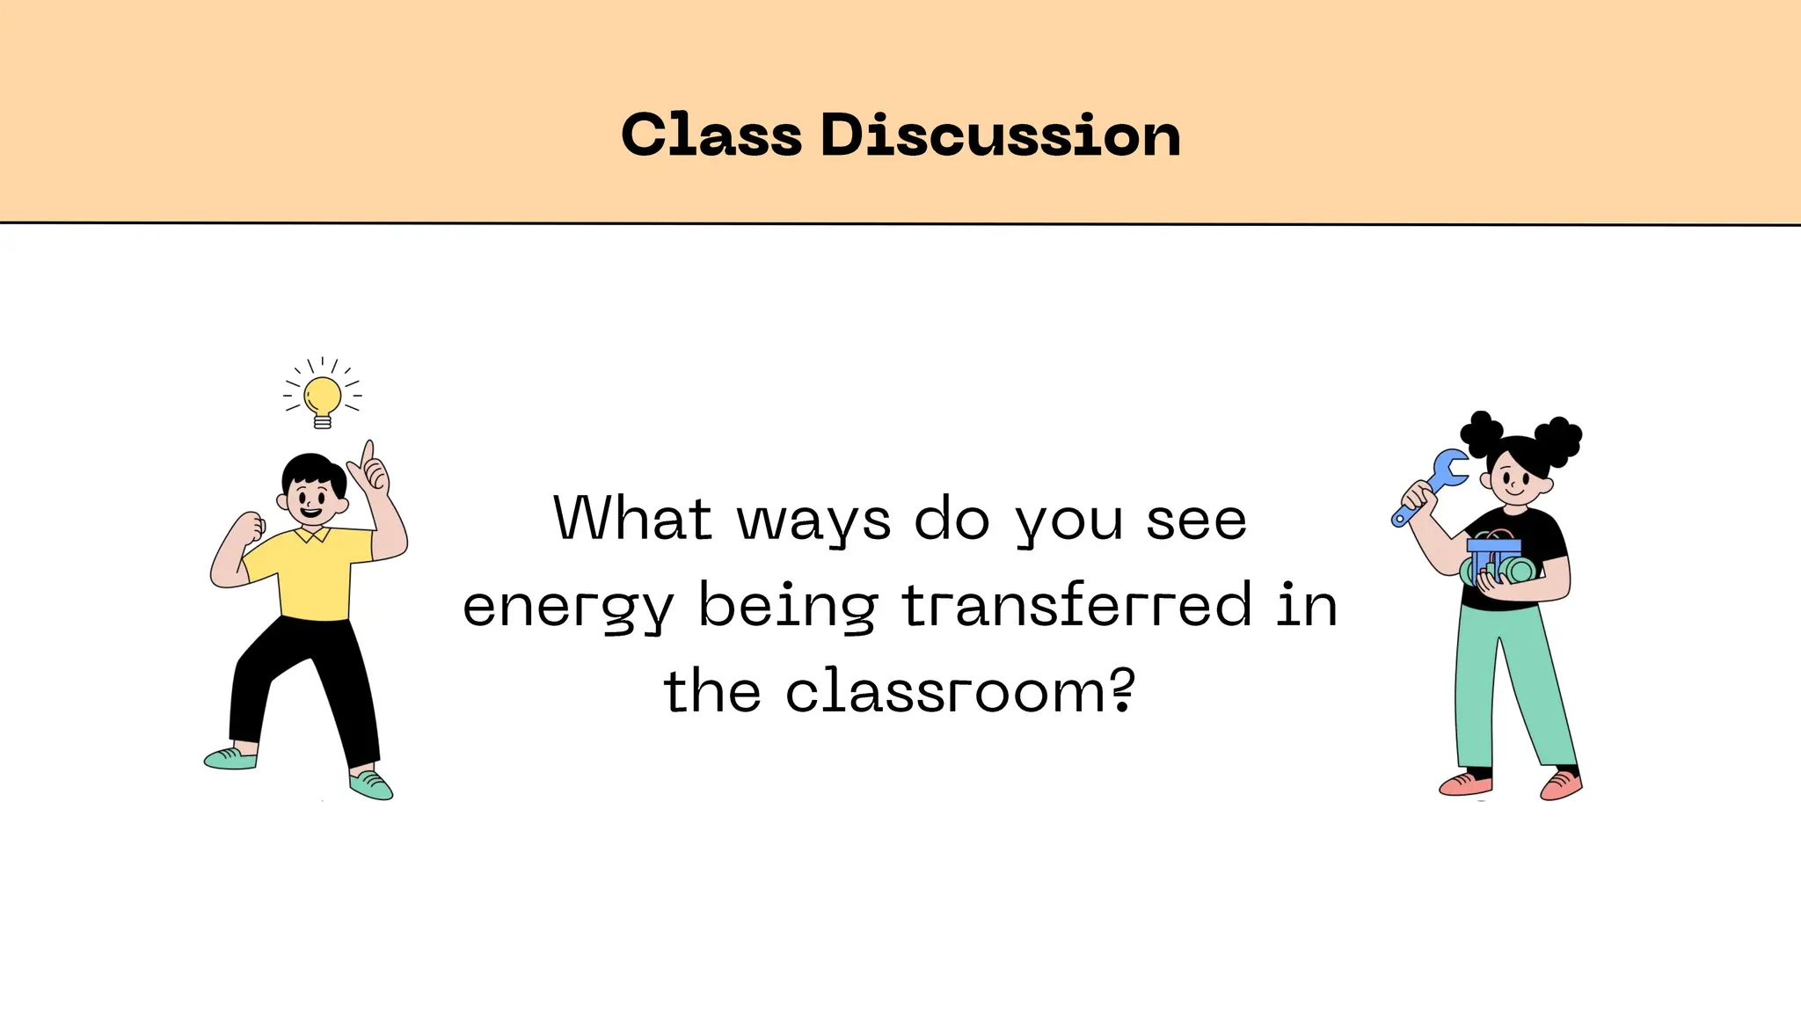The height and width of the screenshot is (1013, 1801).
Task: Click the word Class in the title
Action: pos(711,135)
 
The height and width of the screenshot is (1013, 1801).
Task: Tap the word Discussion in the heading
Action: pos(1000,135)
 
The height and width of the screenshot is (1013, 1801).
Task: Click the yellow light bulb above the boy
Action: pos(323,397)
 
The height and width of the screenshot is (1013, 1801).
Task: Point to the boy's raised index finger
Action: pos(368,452)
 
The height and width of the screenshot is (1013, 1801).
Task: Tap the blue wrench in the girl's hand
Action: pos(1433,484)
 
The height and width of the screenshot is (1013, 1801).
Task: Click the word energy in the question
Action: pos(568,606)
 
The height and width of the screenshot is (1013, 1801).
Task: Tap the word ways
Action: pos(813,521)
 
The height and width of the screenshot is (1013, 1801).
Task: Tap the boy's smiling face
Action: pos(312,500)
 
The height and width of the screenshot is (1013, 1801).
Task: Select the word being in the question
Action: pos(788,606)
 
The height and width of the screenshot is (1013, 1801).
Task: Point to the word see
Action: pos(1196,521)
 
